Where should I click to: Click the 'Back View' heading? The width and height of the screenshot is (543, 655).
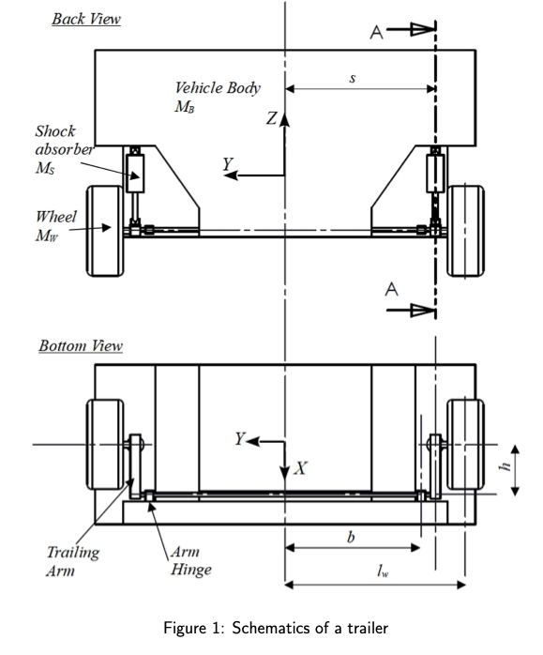(x=86, y=19)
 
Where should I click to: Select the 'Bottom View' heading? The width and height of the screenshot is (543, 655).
(x=81, y=346)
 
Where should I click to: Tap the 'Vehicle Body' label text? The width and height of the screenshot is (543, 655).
(x=218, y=88)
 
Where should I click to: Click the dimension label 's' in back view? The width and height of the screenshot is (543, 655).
(x=353, y=78)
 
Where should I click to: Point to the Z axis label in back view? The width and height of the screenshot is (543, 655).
(x=272, y=118)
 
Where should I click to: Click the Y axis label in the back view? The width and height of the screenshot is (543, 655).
(x=228, y=163)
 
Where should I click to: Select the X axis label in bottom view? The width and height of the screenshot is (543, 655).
(x=300, y=468)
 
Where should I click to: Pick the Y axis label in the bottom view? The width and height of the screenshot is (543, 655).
(x=239, y=438)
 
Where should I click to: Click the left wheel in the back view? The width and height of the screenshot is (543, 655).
(x=105, y=231)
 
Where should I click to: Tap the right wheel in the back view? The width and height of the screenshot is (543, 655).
(x=465, y=231)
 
